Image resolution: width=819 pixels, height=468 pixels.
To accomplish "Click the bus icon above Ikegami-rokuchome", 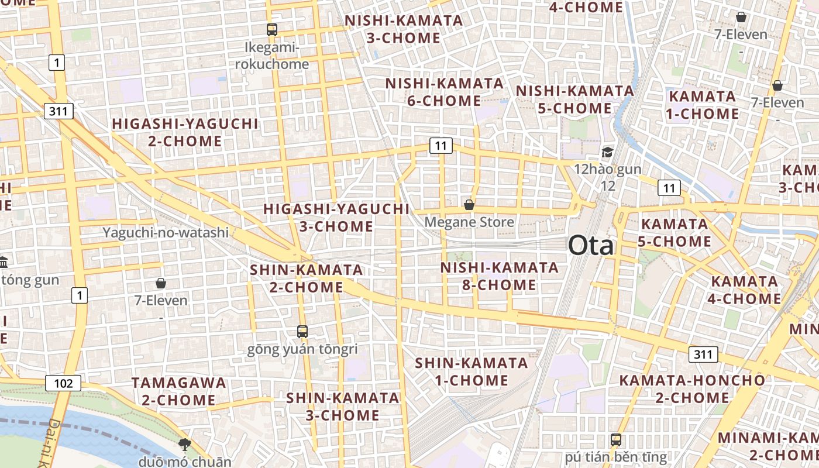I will click(x=271, y=30).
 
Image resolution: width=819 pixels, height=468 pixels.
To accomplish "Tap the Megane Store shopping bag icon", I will click(x=469, y=205).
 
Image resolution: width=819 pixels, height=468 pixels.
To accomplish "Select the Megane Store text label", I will click(x=469, y=222).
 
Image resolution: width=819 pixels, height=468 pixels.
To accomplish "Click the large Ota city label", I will click(x=591, y=245).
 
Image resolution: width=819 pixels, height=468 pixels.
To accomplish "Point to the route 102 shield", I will click(x=63, y=383).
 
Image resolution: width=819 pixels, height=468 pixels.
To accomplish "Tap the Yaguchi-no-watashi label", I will click(x=166, y=232).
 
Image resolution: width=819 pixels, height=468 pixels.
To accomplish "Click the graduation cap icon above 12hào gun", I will click(x=607, y=153).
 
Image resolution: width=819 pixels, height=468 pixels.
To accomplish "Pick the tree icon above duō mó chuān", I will click(x=184, y=444).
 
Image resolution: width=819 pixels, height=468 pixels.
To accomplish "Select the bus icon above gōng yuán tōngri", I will click(x=302, y=332).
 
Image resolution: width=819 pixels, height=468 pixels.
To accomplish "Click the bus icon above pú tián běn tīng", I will click(x=615, y=439).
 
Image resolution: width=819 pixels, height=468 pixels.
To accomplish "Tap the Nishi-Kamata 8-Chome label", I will click(x=499, y=276).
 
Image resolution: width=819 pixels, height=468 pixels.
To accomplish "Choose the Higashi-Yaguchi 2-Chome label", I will click(x=185, y=132).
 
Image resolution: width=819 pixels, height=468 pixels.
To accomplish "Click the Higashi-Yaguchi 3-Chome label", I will click(x=336, y=218).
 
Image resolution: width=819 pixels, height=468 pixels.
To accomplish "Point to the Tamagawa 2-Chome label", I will click(x=178, y=391).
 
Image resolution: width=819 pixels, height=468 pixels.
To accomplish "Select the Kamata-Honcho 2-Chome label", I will click(x=691, y=388).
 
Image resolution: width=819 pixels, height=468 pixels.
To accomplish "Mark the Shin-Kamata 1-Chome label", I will click(x=472, y=371).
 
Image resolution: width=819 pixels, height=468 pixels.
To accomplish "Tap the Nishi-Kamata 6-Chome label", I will click(x=444, y=92).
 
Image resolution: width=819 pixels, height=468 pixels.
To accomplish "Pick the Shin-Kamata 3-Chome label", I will click(x=342, y=406).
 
